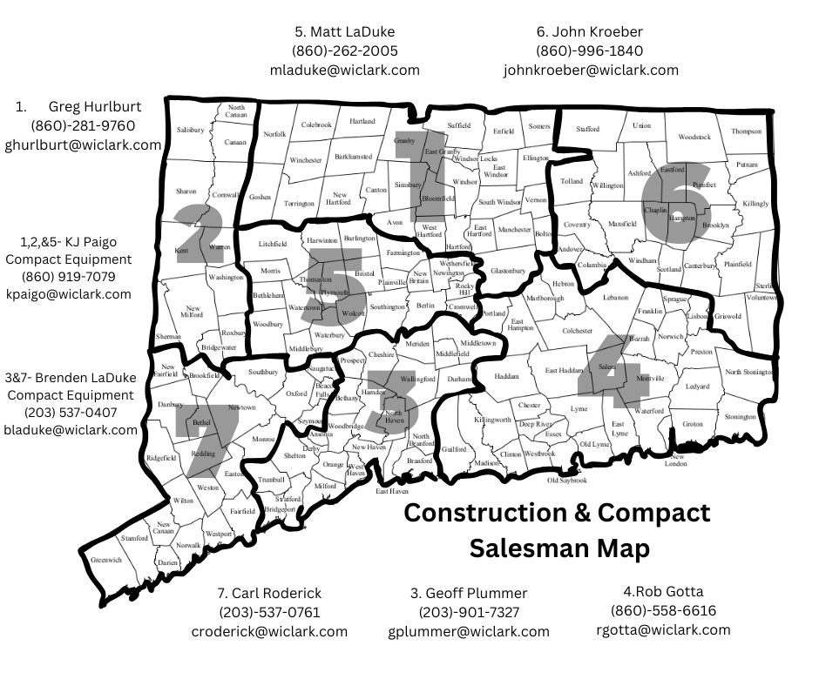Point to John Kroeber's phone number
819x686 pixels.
pyautogui.click(x=590, y=50)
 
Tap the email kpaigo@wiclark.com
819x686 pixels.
pyautogui.click(x=68, y=294)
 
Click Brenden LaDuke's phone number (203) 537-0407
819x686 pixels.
pyautogui.click(x=70, y=413)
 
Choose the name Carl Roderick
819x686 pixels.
pyautogui.click(x=268, y=594)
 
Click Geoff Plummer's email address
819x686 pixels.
pyautogui.click(x=469, y=632)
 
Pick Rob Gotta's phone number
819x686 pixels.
pyautogui.click(x=663, y=611)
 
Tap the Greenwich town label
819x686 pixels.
pyautogui.click(x=106, y=560)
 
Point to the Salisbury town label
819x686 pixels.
pyautogui.click(x=190, y=130)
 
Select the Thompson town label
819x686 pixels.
pyautogui.click(x=746, y=131)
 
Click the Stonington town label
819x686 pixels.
pyautogui.click(x=740, y=417)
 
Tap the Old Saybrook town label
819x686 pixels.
pyautogui.click(x=567, y=481)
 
